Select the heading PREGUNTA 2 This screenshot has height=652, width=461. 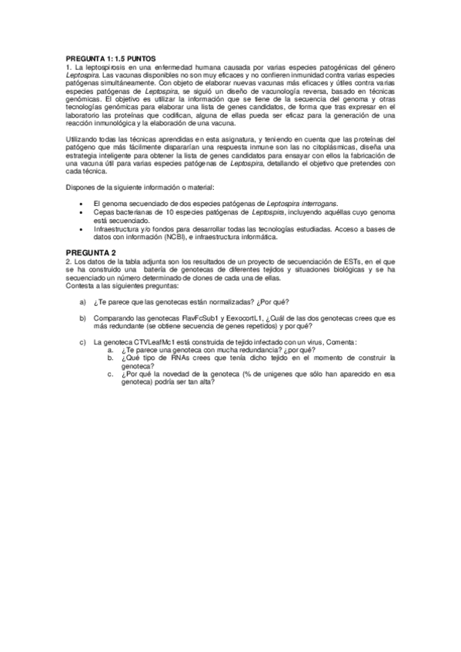click(x=91, y=253)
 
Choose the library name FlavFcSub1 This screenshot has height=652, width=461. click(x=202, y=317)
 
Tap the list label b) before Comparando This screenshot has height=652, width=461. click(x=82, y=317)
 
